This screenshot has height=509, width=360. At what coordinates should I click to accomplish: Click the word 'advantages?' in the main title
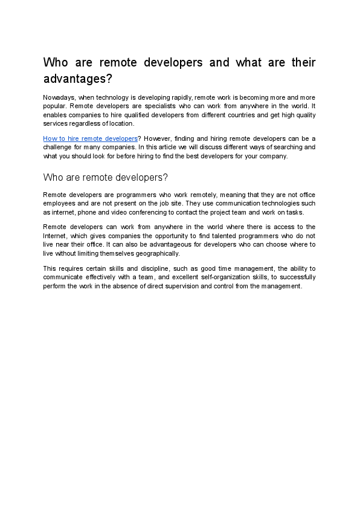78,79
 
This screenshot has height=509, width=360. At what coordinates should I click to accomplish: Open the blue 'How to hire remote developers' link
90,138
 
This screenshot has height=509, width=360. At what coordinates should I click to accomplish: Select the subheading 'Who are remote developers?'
105,177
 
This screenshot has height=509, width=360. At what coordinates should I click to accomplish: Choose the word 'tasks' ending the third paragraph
294,212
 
